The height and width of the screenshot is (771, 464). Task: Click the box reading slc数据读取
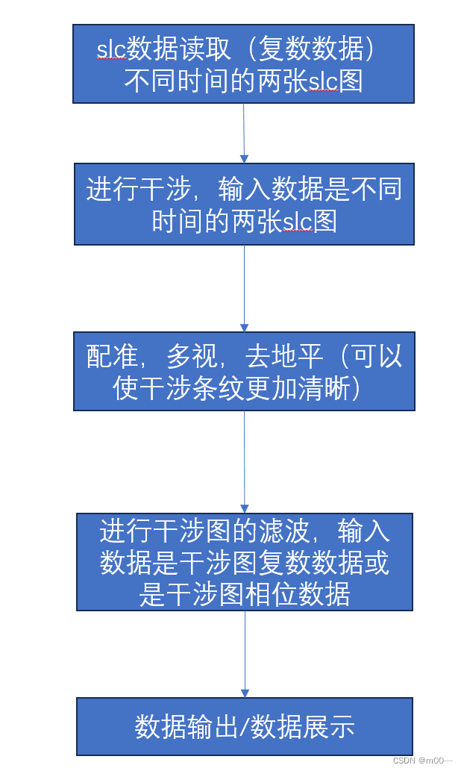click(x=243, y=63)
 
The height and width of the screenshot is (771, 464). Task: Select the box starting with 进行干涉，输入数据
click(x=244, y=204)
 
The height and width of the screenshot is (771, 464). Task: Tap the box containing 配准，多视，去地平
click(x=244, y=371)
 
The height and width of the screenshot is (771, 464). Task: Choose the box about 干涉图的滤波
click(x=244, y=561)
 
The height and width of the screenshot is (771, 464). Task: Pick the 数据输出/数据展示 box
click(x=244, y=726)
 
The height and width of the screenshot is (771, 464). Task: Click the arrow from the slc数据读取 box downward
click(x=244, y=133)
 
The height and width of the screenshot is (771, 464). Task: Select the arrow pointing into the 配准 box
click(x=244, y=288)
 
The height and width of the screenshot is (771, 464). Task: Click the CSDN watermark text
click(x=422, y=761)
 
